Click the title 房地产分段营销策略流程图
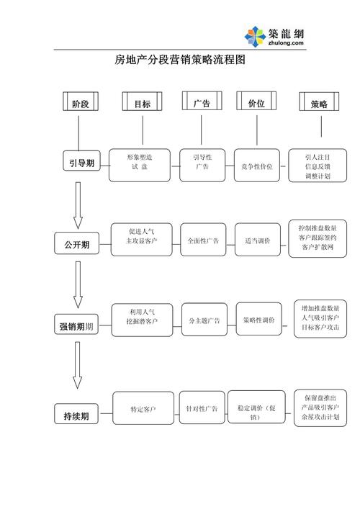tap(180, 60)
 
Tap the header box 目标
tap(142, 104)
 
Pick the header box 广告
tap(201, 103)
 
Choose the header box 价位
tap(256, 103)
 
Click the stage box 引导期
tap(81, 163)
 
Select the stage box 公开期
tap(76, 245)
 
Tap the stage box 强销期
tap(76, 327)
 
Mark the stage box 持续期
tap(76, 415)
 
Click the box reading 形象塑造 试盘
tap(140, 164)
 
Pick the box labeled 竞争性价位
tap(256, 166)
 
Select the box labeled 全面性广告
tap(204, 240)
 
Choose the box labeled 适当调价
tap(257, 240)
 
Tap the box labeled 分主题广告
tap(204, 320)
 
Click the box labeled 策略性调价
tap(258, 320)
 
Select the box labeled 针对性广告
tap(202, 408)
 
